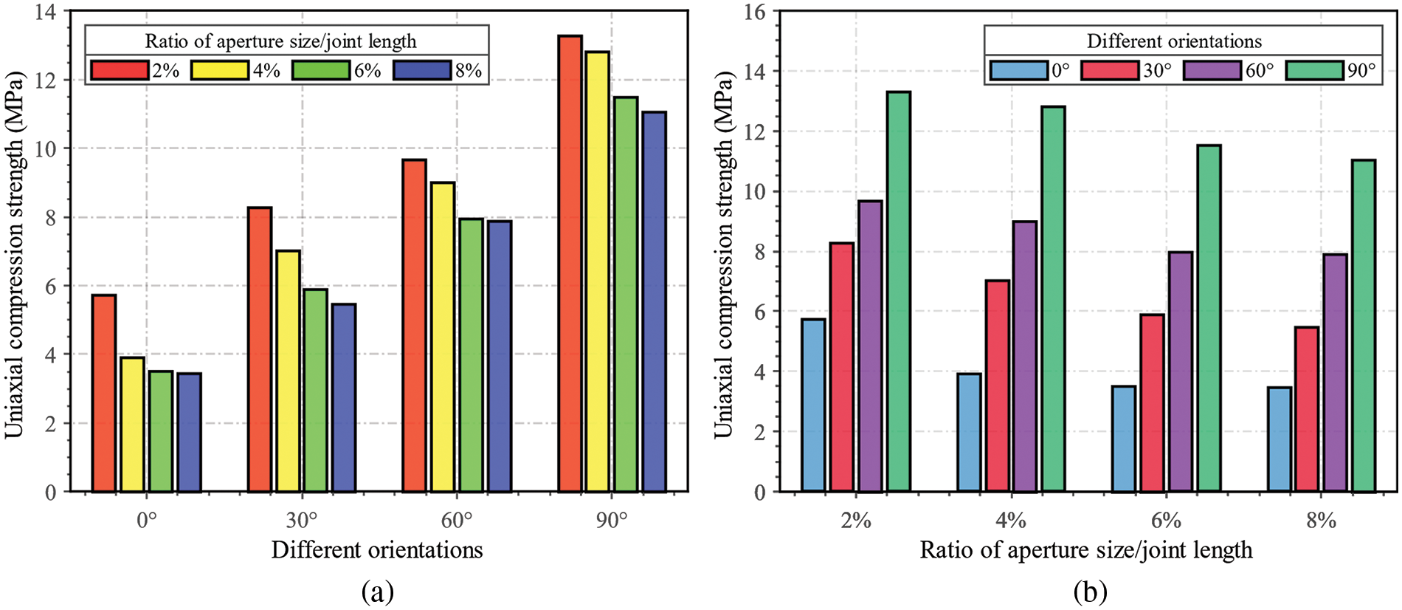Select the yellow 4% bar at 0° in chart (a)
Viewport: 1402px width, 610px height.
tap(132, 425)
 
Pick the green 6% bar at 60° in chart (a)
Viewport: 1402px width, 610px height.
tap(471, 354)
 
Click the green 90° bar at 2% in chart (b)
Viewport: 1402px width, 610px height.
tap(898, 292)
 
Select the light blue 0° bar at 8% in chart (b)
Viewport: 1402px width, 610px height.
tap(1279, 439)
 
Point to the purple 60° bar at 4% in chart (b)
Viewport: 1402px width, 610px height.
tap(1025, 356)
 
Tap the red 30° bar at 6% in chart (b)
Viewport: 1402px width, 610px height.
tap(1152, 402)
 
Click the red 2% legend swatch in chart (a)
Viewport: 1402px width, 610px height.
tap(120, 70)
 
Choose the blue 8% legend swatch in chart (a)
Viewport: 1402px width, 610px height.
tap(422, 70)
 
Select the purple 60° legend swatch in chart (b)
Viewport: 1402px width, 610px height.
tap(1212, 70)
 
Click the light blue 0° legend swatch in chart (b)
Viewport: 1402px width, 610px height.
tap(1018, 70)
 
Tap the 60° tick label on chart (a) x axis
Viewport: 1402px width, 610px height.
tap(457, 521)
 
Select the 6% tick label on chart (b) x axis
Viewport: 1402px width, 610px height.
tap(1166, 521)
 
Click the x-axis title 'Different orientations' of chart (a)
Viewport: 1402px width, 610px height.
tap(377, 550)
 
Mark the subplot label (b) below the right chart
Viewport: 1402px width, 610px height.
tap(1090, 592)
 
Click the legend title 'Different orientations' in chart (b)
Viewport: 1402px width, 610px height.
tap(1174, 41)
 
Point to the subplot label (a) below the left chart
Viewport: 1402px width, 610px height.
tap(378, 592)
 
